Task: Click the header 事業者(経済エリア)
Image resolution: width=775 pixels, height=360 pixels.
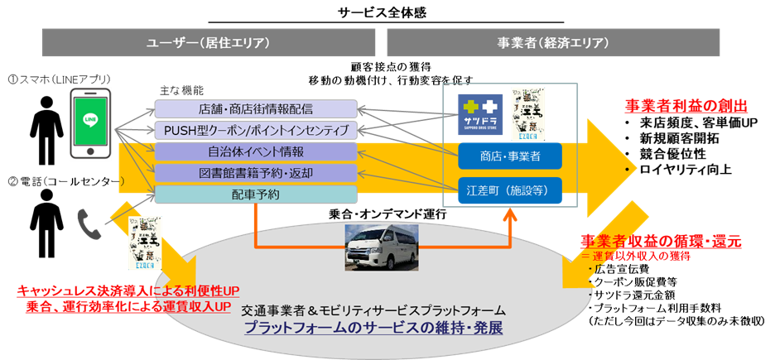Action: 553,43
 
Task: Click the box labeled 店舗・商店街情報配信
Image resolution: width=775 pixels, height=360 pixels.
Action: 256,109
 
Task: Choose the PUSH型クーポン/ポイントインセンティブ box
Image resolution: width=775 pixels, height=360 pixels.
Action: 256,131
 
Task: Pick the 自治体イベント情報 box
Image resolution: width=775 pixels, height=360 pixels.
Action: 256,152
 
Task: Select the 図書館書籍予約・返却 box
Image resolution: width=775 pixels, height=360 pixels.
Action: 256,173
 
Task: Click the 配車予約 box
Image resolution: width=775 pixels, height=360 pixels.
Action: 256,194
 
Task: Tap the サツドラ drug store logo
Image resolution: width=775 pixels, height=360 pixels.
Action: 481,115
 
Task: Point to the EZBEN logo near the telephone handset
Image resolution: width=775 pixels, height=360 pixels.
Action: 145,242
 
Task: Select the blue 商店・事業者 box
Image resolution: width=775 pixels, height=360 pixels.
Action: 510,155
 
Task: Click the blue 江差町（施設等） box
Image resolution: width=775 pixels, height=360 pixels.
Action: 510,190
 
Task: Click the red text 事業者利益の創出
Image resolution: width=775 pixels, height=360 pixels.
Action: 686,106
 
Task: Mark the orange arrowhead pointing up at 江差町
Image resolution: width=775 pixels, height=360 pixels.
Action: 510,215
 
